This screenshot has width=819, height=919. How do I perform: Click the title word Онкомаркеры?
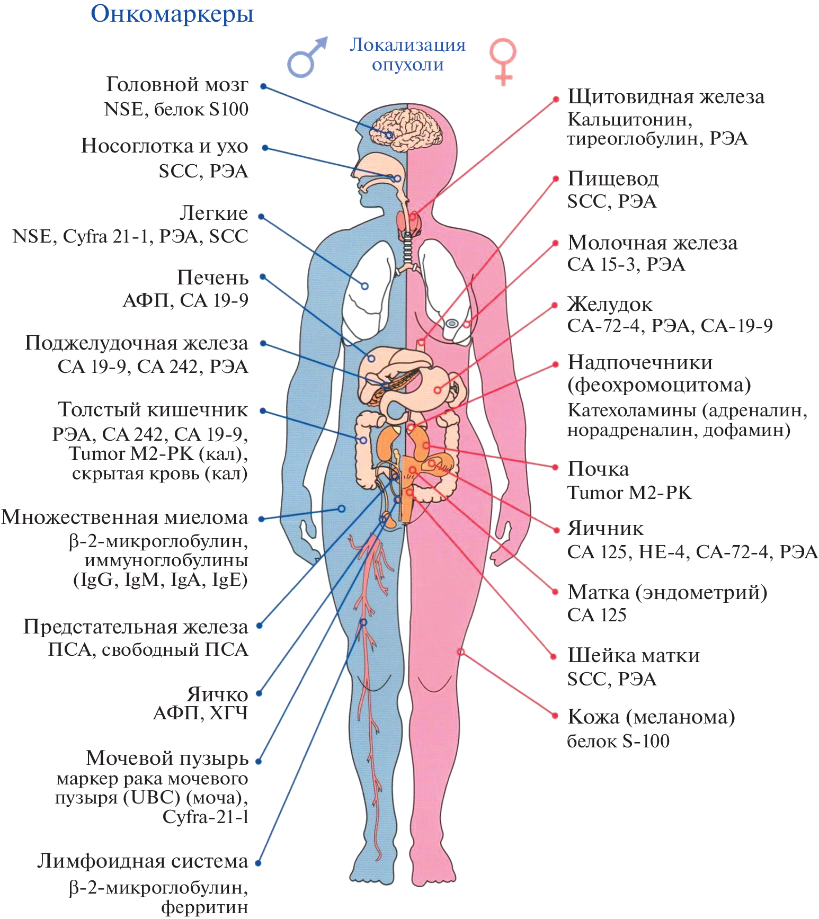(172, 14)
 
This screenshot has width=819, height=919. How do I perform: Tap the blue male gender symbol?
(306, 57)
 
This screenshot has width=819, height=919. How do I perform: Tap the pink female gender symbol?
(502, 60)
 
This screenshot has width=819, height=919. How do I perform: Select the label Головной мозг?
(177, 84)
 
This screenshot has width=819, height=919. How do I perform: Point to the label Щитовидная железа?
(666, 97)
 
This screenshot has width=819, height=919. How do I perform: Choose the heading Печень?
(212, 278)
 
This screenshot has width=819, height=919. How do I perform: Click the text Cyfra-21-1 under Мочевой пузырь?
(205, 817)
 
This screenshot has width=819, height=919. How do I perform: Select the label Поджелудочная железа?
(136, 343)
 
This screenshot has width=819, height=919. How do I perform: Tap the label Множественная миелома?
(124, 518)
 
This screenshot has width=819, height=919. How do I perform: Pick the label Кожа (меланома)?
(651, 717)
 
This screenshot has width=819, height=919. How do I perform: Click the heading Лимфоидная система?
(143, 861)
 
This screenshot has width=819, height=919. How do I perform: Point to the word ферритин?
(204, 907)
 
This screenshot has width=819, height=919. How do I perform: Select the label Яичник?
(606, 528)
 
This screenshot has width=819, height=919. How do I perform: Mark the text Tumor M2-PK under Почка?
(629, 493)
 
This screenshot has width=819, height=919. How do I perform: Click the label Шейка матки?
(634, 655)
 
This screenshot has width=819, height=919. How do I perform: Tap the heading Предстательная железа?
(136, 627)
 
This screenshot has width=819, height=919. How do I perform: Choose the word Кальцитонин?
(629, 119)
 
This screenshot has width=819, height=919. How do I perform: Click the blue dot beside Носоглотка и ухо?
(265, 148)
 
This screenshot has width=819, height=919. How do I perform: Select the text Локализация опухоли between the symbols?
(407, 54)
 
